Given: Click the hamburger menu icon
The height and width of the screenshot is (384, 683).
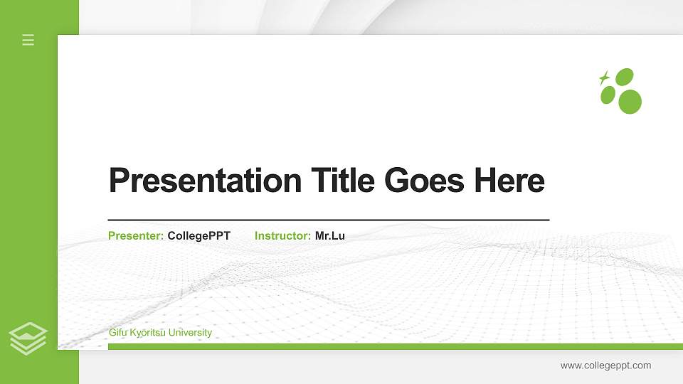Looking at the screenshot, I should coord(28,40).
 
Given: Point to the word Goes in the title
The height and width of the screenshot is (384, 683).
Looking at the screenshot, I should coord(425,181).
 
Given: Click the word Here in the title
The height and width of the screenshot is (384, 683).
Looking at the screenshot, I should coord(509,181).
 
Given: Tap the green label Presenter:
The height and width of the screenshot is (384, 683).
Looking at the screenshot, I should coord(136,235).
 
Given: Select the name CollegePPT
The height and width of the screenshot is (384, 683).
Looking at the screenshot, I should coord(199,235).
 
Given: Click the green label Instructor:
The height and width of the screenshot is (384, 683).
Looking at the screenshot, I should coord(282,235).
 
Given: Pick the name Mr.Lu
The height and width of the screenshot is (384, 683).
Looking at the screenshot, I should coord(330,235).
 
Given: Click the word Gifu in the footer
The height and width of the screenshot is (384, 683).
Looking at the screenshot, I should coord(118,333).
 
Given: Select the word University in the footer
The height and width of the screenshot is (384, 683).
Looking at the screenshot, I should coord(191,333).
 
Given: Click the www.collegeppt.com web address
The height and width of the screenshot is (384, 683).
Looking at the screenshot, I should coord(605,366).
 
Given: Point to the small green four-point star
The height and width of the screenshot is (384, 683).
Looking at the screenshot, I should coord(605,78).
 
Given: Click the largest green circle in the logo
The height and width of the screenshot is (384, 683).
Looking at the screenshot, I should coord(630,102).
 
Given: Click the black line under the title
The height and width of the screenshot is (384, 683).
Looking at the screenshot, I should coord(329,220).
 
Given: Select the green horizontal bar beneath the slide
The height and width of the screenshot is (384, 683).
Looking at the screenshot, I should coord(395,346).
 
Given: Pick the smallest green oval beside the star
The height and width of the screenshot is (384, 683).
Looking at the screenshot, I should coord(608,95).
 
